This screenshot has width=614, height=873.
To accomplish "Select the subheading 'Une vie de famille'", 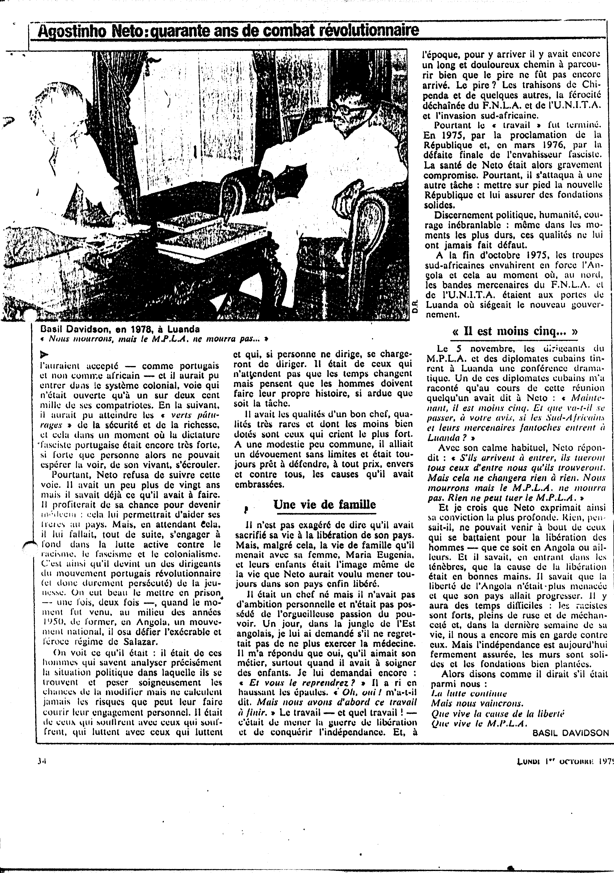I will coord(325,505).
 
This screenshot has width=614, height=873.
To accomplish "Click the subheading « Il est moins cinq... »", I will coord(515,331).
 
